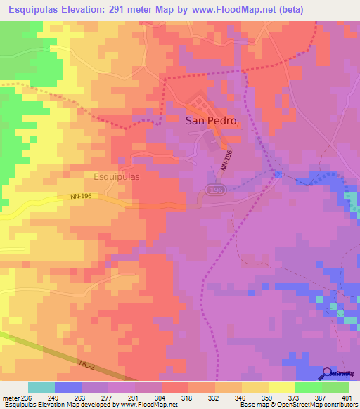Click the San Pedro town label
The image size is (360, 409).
pyautogui.click(x=211, y=120)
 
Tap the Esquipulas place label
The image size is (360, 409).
pyautogui.click(x=116, y=178)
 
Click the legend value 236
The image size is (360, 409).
pyautogui.click(x=26, y=397)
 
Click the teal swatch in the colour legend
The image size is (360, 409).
pyautogui.click(x=41, y=387)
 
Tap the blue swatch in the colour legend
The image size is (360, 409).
pyautogui.click(x=67, y=387)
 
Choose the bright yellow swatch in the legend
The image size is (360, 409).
pyautogui.click(x=281, y=387)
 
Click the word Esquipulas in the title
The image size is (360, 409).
pyautogui.click(x=37, y=10)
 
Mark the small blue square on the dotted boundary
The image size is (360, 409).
pyautogui.click(x=278, y=174)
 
